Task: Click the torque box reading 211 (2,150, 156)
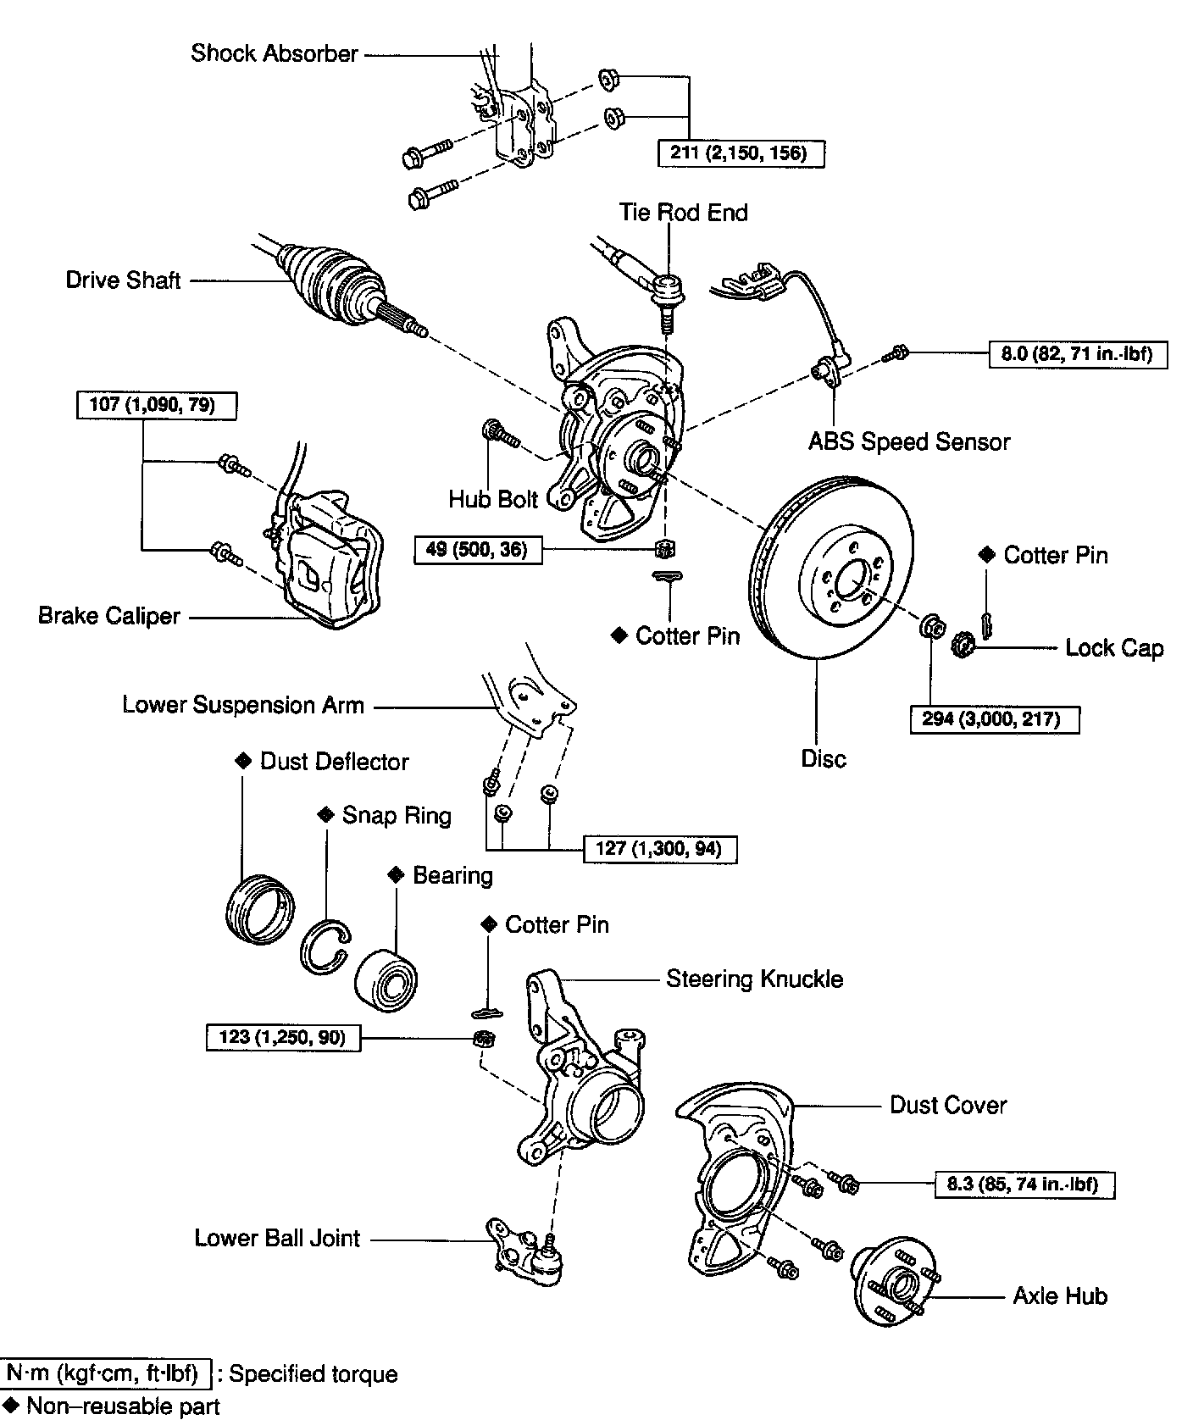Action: [741, 153]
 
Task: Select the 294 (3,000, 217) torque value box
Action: [995, 719]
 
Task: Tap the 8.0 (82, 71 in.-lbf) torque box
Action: [1077, 353]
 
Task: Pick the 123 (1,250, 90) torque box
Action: [283, 1036]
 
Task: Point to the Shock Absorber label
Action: [275, 53]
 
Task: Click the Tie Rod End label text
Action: [683, 212]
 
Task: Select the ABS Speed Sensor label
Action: [909, 441]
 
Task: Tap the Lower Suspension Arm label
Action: [243, 705]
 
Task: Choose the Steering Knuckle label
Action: [754, 979]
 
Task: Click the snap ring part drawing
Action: [325, 946]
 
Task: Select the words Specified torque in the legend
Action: [313, 1373]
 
